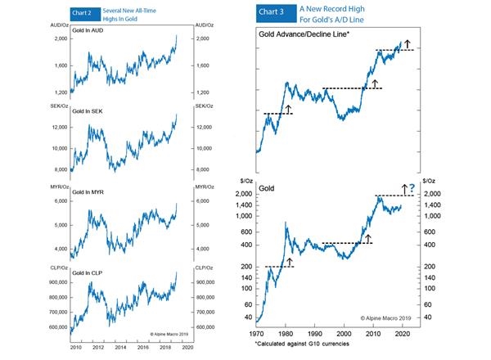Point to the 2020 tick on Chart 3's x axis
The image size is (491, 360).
point(400,335)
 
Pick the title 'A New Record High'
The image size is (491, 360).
point(345,8)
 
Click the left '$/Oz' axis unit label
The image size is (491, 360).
point(245,182)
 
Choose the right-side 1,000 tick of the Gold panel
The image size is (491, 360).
point(433,216)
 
